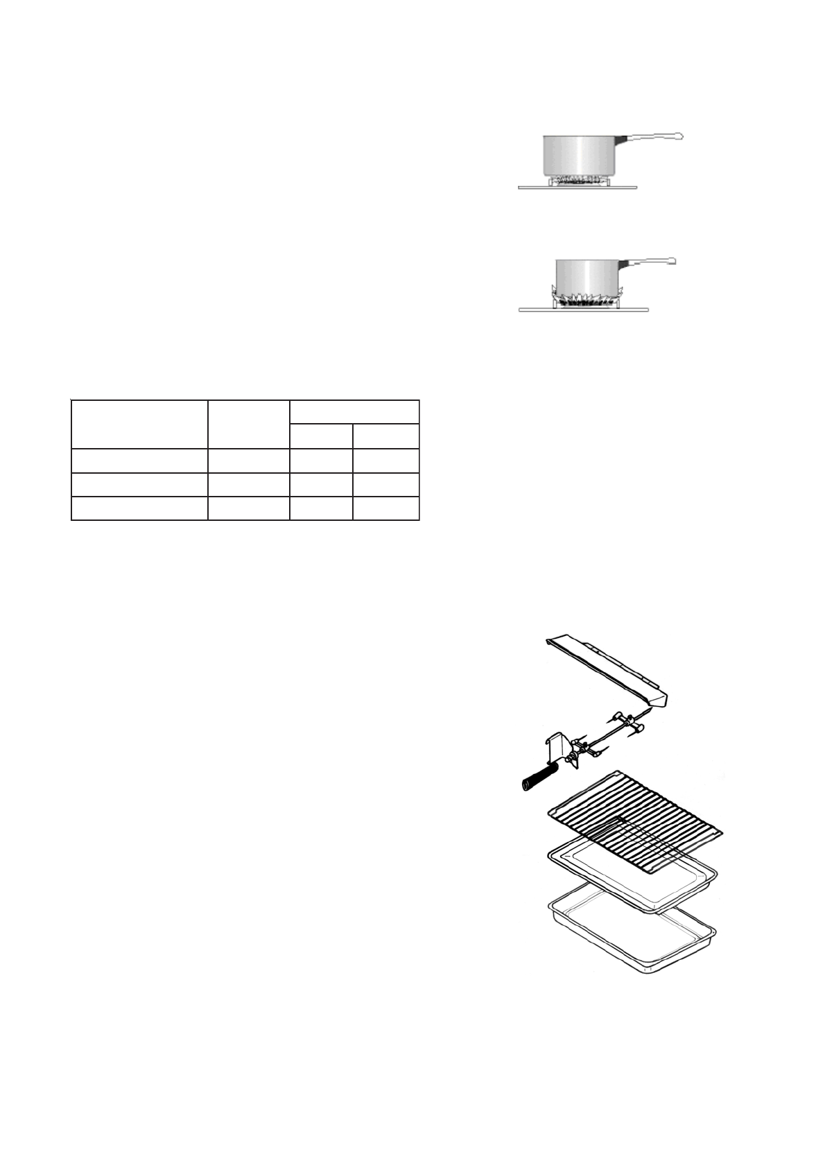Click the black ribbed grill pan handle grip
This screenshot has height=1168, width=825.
tap(539, 777)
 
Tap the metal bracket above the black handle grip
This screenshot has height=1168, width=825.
tap(557, 746)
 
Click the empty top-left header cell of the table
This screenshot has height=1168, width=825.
tap(139, 424)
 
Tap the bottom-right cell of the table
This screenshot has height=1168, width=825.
tap(385, 508)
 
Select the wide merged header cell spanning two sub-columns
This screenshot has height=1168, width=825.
tap(354, 412)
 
